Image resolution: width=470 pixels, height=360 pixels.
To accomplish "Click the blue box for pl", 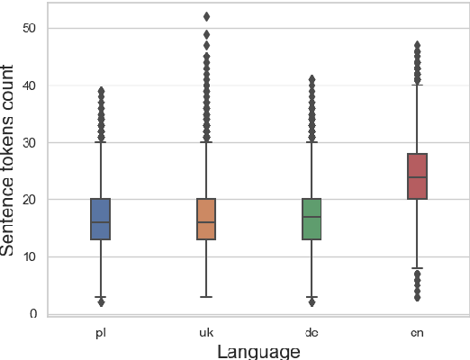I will pos(100,219).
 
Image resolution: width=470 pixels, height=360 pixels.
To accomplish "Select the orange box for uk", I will pos(206,219).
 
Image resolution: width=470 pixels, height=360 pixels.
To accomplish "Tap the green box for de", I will pos(312,219).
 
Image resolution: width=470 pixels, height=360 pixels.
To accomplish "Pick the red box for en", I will pos(417,176).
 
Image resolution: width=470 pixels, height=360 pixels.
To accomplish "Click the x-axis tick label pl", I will pos(100,332).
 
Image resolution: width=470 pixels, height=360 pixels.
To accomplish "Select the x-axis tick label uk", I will pos(206,332).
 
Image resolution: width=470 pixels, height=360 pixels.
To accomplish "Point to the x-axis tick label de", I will pos(312,332).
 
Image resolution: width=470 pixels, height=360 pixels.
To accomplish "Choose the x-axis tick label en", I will pos(417,332).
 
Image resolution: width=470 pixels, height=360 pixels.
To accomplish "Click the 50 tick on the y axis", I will pos(30,29).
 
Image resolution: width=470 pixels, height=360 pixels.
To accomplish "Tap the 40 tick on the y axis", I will pos(30,85).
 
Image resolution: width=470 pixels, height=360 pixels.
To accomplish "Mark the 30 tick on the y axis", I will pos(30,142).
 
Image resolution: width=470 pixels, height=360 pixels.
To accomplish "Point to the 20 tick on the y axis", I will pos(30,199).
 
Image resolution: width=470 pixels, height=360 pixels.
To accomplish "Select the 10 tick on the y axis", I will pos(30,256).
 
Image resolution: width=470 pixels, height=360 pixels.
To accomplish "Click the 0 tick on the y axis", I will pos(33,313).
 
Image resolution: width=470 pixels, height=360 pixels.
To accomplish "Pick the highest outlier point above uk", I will pos(206,16).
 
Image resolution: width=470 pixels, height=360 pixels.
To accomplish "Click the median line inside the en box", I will pos(417,177).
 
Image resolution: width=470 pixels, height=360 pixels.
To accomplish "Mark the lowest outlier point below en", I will pos(417,296).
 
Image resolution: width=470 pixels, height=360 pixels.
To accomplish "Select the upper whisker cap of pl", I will pos(100,142).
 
